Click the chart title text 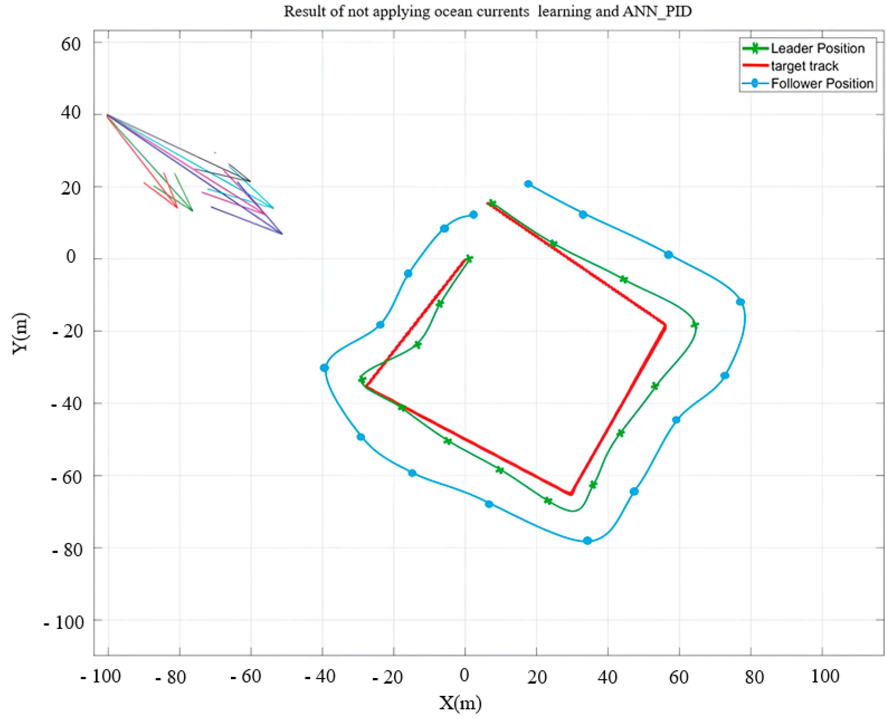(x=488, y=12)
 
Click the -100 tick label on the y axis (x=64, y=622)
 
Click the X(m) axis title (x=460, y=703)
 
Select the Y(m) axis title (x=20, y=334)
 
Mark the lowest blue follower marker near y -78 (x=587, y=541)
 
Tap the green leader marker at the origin (x=469, y=258)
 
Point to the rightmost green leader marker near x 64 (x=695, y=325)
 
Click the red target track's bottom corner (x=571, y=494)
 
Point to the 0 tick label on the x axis (x=464, y=676)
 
